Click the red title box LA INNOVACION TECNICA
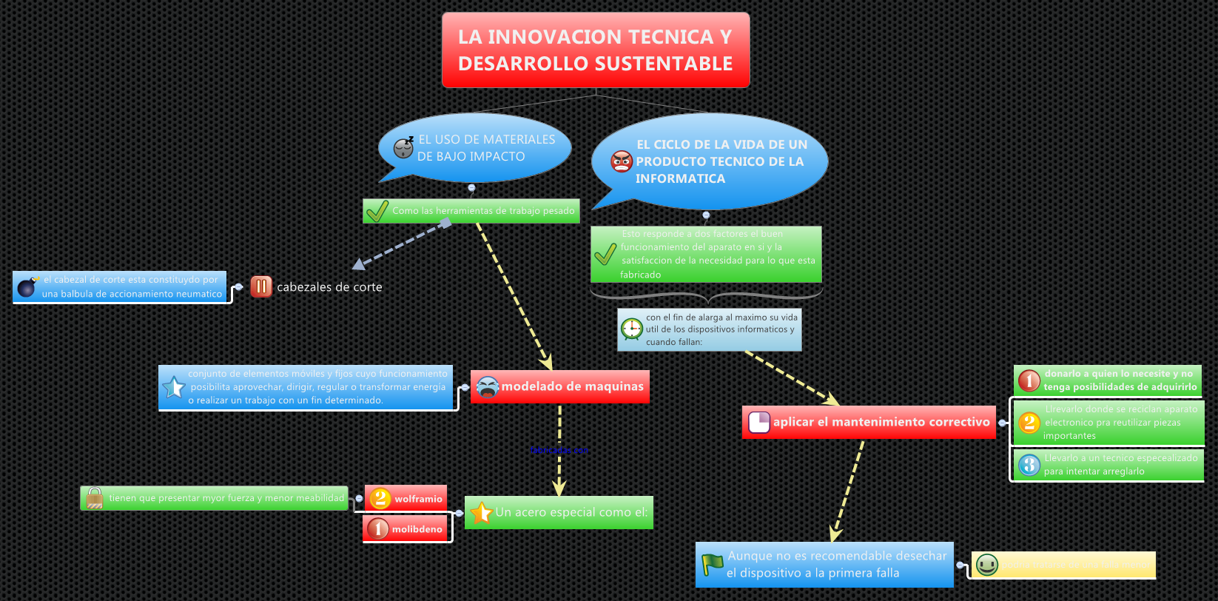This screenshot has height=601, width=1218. point(596,50)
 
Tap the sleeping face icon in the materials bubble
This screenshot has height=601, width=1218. point(403,147)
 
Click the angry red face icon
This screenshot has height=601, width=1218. point(622,161)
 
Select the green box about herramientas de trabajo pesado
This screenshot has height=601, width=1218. point(471,211)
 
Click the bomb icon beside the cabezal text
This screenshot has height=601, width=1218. point(27,287)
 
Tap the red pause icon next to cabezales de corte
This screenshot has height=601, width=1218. point(261,286)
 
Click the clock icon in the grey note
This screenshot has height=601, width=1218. point(632,329)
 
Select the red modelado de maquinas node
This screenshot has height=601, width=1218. point(560,386)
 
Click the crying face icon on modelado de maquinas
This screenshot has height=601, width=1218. point(488,386)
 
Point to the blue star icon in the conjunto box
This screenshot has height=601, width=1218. point(174,387)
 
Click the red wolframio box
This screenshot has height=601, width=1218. point(406,498)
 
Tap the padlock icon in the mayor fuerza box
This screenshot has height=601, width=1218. point(95,498)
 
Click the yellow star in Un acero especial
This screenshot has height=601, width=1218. point(482,512)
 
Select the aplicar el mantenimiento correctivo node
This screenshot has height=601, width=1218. point(869,422)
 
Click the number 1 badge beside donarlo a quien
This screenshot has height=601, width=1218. point(1029,380)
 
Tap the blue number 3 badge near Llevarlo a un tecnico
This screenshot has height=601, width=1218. point(1029,465)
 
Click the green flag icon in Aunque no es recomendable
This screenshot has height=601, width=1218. point(713,565)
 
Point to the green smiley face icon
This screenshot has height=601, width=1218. point(987,565)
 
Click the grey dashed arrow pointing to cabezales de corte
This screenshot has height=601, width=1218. point(400,244)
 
